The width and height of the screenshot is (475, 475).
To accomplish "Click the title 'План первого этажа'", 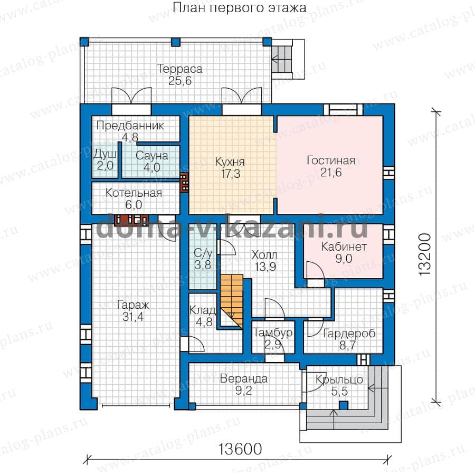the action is click(x=239, y=8).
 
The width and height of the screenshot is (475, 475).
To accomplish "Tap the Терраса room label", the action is click(x=179, y=69).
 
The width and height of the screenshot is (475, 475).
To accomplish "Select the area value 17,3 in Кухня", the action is click(x=231, y=174).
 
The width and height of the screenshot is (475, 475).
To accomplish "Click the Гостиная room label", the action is click(x=331, y=160).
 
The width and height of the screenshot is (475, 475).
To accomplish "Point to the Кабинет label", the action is click(x=344, y=246).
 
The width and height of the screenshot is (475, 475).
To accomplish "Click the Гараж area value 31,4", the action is click(x=133, y=317).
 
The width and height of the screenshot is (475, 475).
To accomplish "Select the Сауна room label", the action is click(x=152, y=155).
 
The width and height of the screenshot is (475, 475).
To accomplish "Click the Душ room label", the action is click(x=105, y=154).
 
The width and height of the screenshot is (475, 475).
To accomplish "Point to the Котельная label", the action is click(x=134, y=193).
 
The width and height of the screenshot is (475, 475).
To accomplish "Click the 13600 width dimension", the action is click(x=240, y=449).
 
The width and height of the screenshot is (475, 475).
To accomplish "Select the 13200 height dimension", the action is click(x=425, y=254).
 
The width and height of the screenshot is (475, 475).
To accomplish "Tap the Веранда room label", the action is click(x=243, y=378).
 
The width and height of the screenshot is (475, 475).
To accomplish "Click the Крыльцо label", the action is click(x=339, y=379).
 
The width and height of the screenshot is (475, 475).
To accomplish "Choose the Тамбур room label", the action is click(x=273, y=332).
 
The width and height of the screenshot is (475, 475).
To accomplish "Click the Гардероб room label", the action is click(x=349, y=334).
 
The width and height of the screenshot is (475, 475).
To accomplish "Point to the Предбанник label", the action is click(x=130, y=126).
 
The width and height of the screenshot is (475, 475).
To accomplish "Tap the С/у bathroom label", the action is click(x=203, y=253).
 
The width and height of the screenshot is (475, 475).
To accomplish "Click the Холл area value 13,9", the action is click(x=265, y=267).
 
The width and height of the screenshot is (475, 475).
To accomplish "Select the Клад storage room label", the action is click(x=203, y=310).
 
